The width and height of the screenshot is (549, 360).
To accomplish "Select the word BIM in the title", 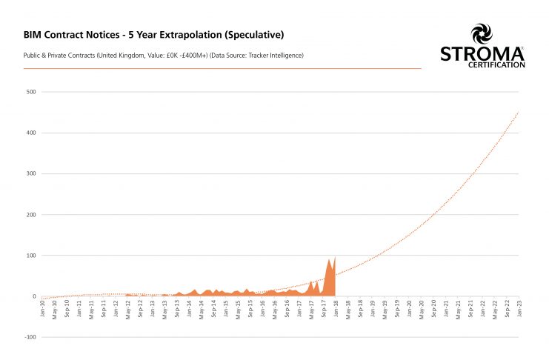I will [x=34, y=35].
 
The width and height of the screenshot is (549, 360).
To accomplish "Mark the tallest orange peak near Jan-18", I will [x=335, y=257].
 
